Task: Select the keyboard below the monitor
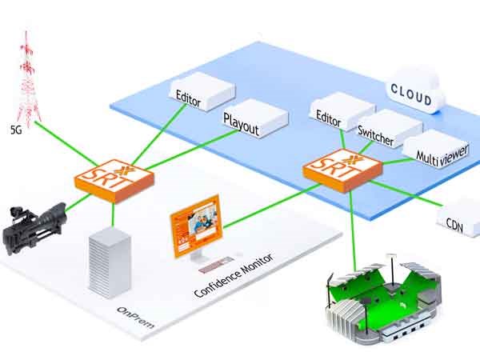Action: click(x=213, y=262)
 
